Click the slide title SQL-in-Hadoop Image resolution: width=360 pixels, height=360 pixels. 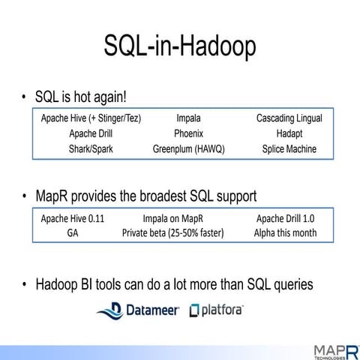tap(180, 46)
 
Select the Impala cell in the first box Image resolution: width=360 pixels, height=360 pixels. tap(188, 119)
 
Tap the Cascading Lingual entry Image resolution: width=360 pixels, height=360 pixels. tap(289, 119)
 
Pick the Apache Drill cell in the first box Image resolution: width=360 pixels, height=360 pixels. tap(91, 133)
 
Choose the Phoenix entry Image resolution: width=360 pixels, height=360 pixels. tap(188, 133)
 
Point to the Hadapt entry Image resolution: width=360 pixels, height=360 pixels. tap(289, 133)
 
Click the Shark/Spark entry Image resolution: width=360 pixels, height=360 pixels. tap(91, 148)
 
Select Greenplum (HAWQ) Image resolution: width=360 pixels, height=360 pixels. tap(188, 148)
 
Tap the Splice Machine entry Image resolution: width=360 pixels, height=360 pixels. tap(289, 148)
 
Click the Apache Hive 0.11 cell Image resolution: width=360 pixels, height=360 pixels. tap(73, 219)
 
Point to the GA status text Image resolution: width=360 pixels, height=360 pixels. tap(73, 233)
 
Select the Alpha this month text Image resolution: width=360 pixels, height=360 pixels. tap(285, 233)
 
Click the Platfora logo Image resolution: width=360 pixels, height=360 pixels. tap(218, 310)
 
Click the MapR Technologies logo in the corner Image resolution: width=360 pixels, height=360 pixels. tap(330, 349)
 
